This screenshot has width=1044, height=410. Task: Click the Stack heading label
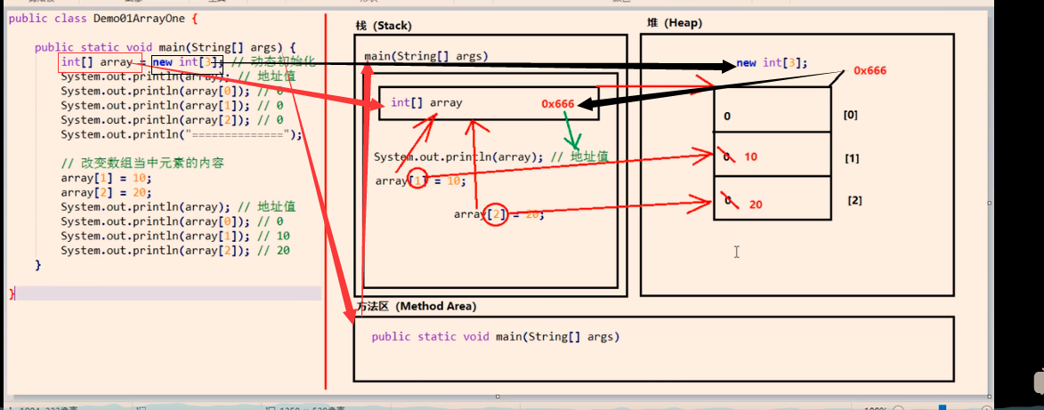click(x=384, y=26)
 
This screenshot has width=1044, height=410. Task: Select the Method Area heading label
click(x=416, y=306)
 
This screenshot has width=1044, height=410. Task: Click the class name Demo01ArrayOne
click(x=134, y=17)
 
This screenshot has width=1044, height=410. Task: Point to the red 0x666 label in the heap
click(x=870, y=70)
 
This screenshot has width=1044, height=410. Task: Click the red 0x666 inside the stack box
click(x=558, y=104)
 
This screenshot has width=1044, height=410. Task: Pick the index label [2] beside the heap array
click(x=854, y=200)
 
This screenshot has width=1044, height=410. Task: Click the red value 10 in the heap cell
click(x=750, y=157)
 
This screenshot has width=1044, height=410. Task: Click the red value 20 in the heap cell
click(x=756, y=205)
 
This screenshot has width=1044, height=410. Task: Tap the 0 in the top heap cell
click(x=727, y=117)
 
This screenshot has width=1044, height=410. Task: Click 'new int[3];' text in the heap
click(x=772, y=62)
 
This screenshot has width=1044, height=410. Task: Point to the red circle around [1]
click(x=418, y=180)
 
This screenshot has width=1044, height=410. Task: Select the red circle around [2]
click(x=497, y=214)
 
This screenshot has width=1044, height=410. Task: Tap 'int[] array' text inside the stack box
click(x=426, y=102)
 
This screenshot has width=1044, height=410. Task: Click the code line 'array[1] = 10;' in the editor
click(x=93, y=178)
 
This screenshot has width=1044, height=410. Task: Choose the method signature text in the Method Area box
click(x=495, y=336)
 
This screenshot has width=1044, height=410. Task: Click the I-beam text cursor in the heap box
click(x=736, y=253)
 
